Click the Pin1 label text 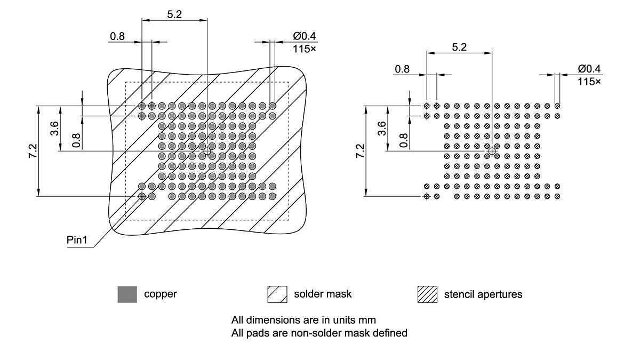tap(77, 239)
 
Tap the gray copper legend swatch tap(127, 294)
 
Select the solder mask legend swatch tap(277, 294)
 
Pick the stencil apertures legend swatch tap(427, 294)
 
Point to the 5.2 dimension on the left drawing tap(174, 14)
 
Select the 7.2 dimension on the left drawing tap(33, 151)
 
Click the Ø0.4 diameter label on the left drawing tap(305, 36)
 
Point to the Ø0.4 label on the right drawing tap(589, 69)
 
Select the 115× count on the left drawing tap(305, 49)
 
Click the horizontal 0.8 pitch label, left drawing tap(117, 36)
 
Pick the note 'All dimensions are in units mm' tap(303, 321)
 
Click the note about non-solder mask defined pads tap(319, 333)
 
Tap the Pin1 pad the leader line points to tap(142, 196)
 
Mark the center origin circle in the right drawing tap(492, 151)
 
